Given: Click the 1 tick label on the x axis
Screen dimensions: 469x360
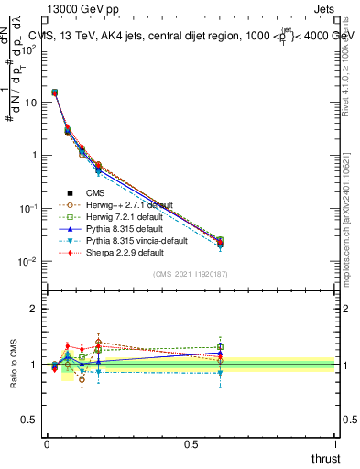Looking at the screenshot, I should [x=335, y=444].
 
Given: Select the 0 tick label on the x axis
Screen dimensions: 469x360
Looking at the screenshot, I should [x=47, y=444].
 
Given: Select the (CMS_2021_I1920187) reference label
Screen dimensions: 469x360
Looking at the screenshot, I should [x=190, y=274].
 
